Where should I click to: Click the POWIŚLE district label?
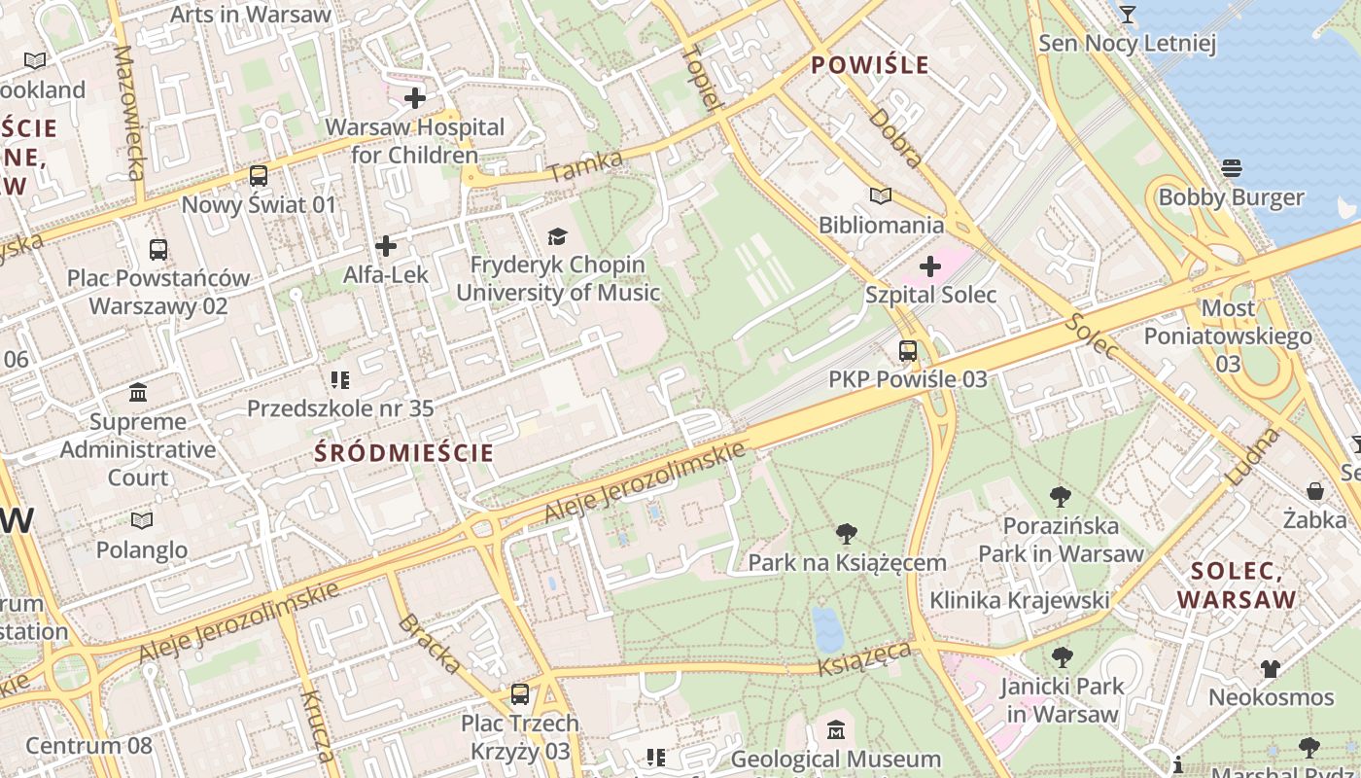tap(870, 65)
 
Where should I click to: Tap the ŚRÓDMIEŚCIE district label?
tap(403, 452)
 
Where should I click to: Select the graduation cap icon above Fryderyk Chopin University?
tap(557, 236)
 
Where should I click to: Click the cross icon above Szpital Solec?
tap(930, 265)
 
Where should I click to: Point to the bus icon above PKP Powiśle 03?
tap(908, 351)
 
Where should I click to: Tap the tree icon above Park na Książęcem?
tap(847, 533)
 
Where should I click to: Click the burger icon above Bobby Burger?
tap(1231, 168)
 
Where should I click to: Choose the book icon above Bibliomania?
tap(881, 196)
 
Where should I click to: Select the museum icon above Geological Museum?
tap(836, 729)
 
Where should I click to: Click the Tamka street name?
tap(585, 166)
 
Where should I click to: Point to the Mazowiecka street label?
tap(129, 112)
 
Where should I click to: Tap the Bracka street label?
tap(429, 644)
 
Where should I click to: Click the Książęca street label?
tap(865, 658)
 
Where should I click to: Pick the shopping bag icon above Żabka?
tap(1315, 491)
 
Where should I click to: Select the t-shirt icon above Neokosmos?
tap(1271, 668)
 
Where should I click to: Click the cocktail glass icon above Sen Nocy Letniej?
tap(1128, 15)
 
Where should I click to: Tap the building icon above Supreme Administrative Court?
tap(138, 393)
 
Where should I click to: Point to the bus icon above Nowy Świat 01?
tap(259, 176)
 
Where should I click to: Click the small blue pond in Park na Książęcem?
tap(828, 629)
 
